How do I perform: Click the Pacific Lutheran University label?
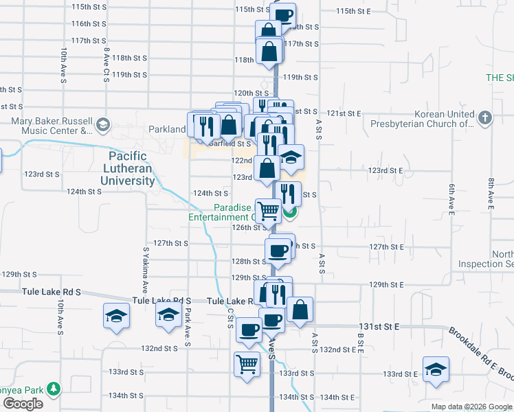click(131, 169)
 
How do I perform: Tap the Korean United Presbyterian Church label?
click(444, 119)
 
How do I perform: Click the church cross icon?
click(484, 117)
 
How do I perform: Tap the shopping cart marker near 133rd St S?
click(247, 365)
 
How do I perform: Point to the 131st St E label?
click(379, 328)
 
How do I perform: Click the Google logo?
click(23, 404)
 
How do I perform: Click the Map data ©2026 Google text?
click(471, 407)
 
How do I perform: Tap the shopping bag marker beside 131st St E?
click(300, 309)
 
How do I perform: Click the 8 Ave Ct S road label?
click(107, 62)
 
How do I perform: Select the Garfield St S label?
click(230, 144)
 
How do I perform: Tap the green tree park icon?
click(52, 389)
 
